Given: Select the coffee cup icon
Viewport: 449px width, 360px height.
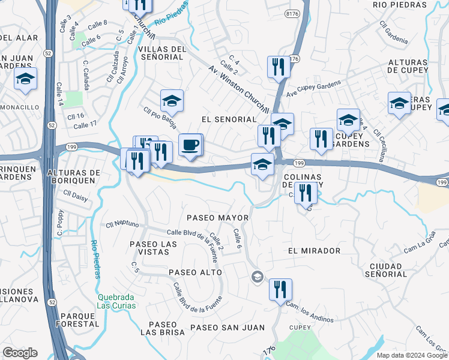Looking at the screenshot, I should tap(190, 145).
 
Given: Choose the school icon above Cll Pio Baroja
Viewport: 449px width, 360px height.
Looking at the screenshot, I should tap(172, 101).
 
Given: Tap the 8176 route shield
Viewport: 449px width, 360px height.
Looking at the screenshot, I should tap(292, 12).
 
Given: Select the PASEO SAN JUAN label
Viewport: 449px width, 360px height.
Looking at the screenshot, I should tap(228, 327).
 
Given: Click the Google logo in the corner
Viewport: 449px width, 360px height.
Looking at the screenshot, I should tap(20, 353).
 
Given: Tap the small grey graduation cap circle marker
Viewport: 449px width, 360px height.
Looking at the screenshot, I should tap(257, 276).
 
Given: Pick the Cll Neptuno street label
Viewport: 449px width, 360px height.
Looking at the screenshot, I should tap(122, 225).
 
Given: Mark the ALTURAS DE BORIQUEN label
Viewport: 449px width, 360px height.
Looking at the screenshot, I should tap(71, 176).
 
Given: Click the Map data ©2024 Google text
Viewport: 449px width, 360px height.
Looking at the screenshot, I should tap(411, 355).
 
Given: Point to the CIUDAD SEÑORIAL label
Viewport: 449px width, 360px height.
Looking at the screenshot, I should tap(385, 269).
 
